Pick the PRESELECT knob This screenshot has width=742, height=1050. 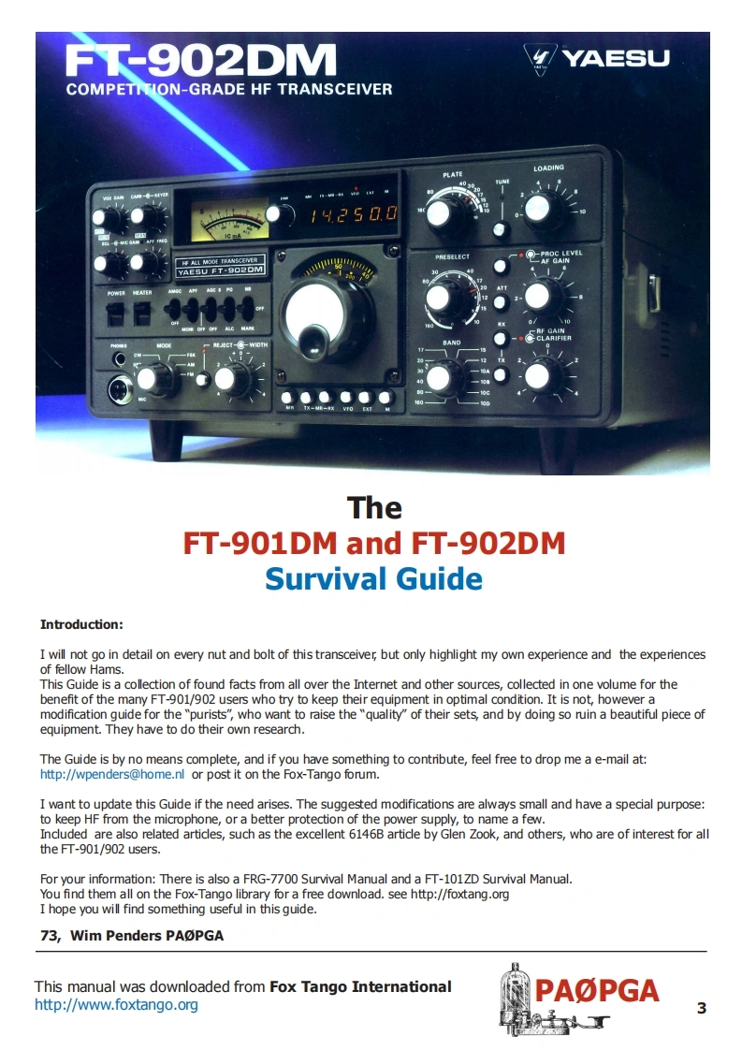pos(438,299)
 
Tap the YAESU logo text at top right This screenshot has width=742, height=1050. pos(615,59)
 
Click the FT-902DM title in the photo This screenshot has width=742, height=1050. pos(201,62)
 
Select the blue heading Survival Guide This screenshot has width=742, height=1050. pos(373,578)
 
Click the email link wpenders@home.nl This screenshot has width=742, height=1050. pos(112,774)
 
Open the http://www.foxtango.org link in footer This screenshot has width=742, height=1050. pos(116,1005)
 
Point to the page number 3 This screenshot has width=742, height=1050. pos(702,1008)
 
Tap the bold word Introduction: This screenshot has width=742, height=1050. pos(81,624)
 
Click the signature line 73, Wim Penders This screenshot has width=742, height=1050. pos(132,935)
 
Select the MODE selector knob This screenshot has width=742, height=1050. pos(158,379)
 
